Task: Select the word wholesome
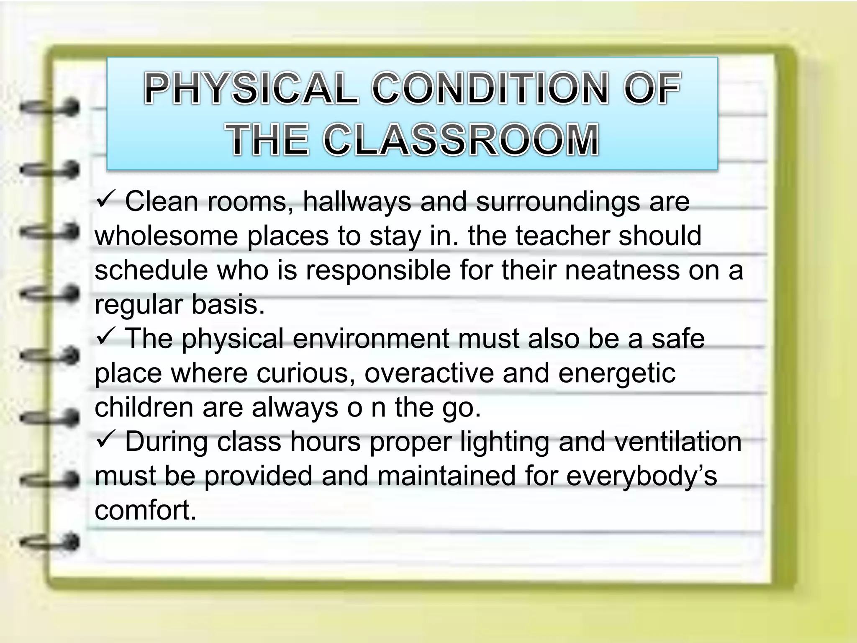tap(166, 236)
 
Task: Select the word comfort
tap(145, 510)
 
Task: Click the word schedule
tap(151, 270)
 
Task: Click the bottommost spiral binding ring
tap(49, 542)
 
